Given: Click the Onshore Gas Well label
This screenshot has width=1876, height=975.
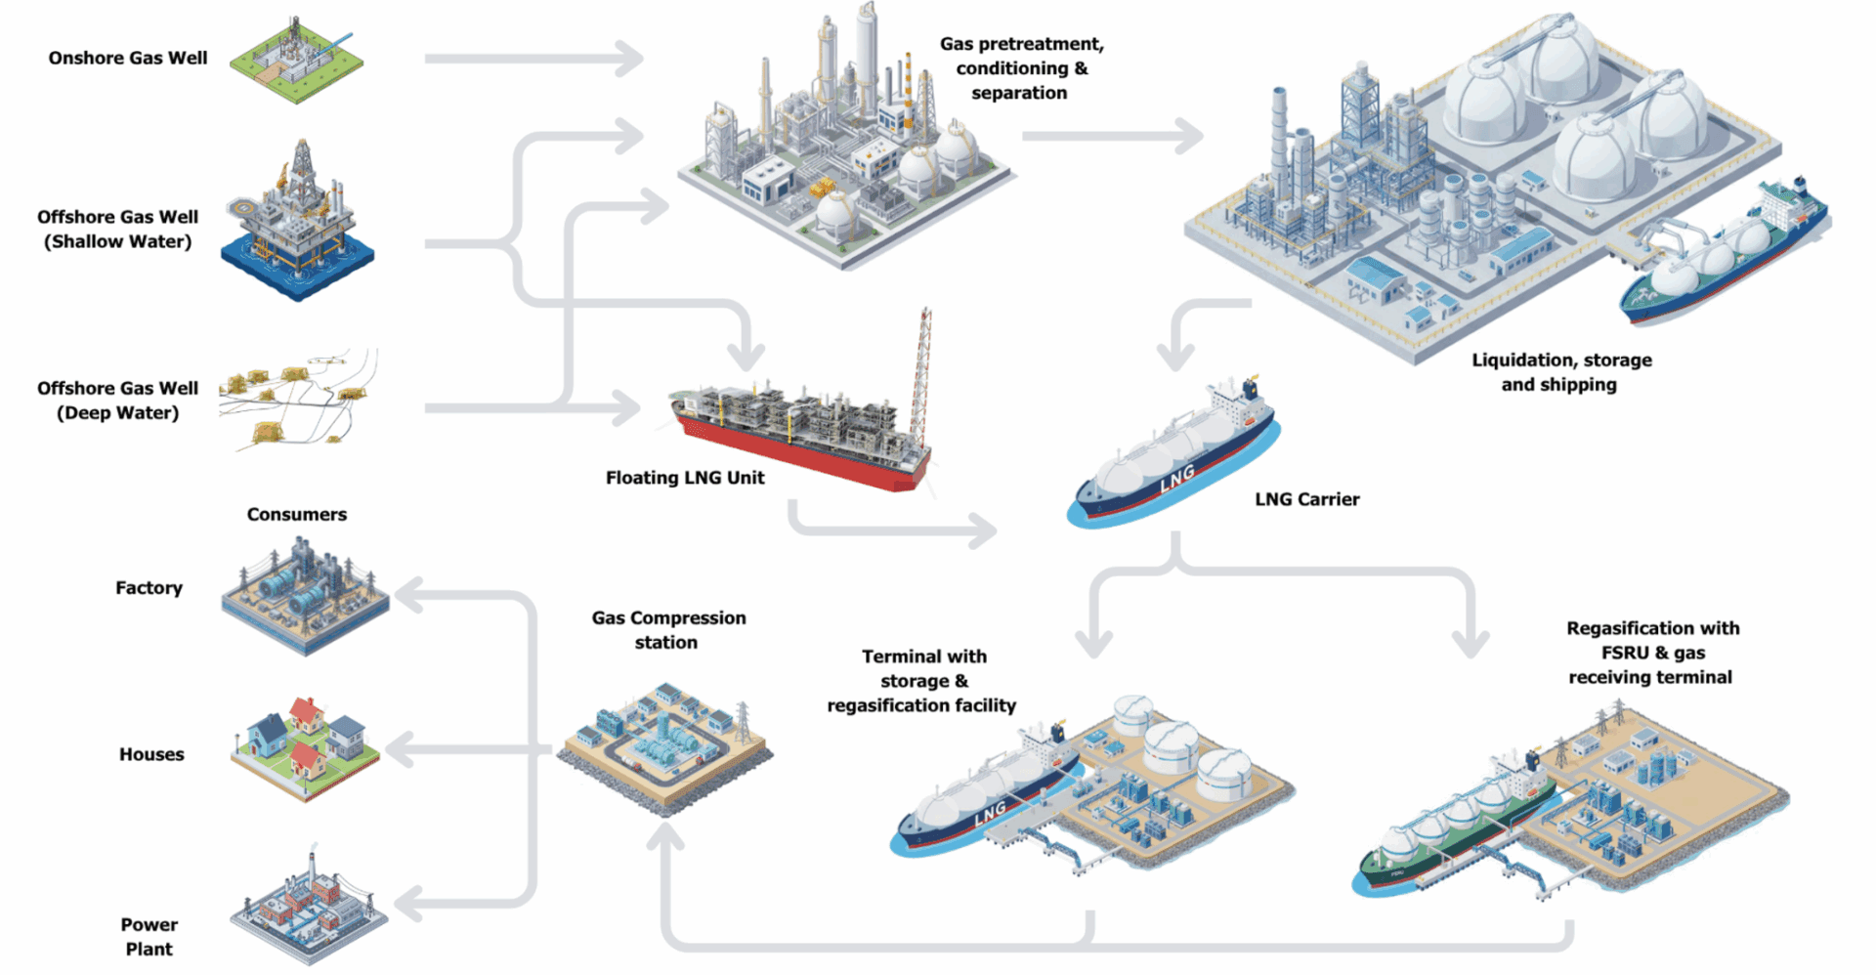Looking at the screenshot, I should point(128,58).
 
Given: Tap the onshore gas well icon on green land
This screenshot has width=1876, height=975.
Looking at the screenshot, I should point(296,61).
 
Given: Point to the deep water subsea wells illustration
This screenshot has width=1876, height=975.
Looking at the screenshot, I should point(298,399).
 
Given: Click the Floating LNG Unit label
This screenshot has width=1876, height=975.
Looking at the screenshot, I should point(685,478).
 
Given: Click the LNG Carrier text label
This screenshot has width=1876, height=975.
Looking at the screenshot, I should point(1306,499).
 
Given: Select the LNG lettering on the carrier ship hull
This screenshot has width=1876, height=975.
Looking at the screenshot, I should point(1177,478).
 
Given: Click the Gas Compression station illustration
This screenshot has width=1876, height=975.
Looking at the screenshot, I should point(664,747).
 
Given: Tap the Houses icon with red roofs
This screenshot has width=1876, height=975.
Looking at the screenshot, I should point(305,747).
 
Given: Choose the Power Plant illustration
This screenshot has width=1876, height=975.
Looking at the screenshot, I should point(308,909).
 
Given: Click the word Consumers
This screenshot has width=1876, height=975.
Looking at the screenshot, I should point(296,514).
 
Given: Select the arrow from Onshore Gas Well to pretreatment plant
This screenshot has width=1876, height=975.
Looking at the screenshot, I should point(533,59).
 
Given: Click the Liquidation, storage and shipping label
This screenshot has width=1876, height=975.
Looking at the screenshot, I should point(1560,372).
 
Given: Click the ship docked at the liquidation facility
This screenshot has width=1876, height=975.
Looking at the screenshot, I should point(1725,254).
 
